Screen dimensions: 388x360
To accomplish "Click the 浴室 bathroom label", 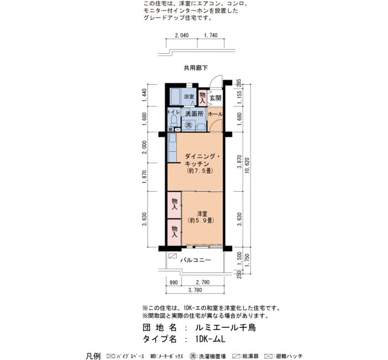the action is click(x=189, y=97).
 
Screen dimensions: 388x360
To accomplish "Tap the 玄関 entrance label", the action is click(x=215, y=98).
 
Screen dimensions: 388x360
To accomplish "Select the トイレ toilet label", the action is click(x=173, y=112).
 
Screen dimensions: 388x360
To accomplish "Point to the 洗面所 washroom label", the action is click(x=195, y=114).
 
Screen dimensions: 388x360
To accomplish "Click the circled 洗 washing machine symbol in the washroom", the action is click(x=189, y=125).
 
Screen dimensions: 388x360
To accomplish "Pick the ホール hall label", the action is click(x=216, y=114).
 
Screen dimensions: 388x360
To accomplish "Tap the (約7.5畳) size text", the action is click(x=200, y=171).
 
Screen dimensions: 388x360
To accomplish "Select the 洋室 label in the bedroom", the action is click(x=202, y=213).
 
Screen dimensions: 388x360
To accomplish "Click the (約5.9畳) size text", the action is click(x=201, y=220).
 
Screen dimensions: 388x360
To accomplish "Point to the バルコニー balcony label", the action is click(x=196, y=260).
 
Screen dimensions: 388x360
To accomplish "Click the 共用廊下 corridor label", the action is click(x=196, y=68).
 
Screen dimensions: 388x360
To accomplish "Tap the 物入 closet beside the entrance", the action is click(x=203, y=97).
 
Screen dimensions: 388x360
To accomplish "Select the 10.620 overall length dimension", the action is click(x=247, y=166).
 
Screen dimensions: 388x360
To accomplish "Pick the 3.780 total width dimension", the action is click(x=195, y=290).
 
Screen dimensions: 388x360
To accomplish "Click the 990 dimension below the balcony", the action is click(x=173, y=282).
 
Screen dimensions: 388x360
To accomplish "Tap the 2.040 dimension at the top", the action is click(x=182, y=35).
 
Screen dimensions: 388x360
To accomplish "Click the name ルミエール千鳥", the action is click(x=226, y=328).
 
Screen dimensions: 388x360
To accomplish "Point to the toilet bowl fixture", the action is click(x=174, y=120).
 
